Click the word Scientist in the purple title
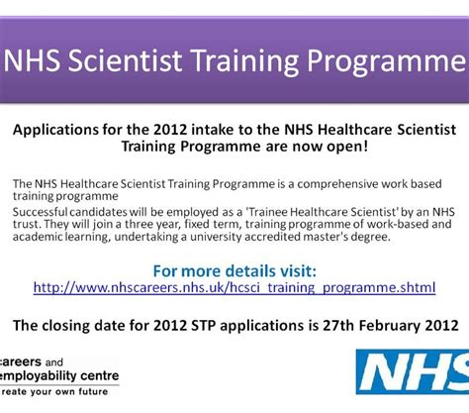(125, 60)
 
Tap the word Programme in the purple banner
(386, 61)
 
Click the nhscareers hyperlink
(234, 287)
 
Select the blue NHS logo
(413, 371)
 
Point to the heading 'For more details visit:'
(234, 271)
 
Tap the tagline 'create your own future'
(53, 392)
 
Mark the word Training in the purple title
(245, 61)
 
